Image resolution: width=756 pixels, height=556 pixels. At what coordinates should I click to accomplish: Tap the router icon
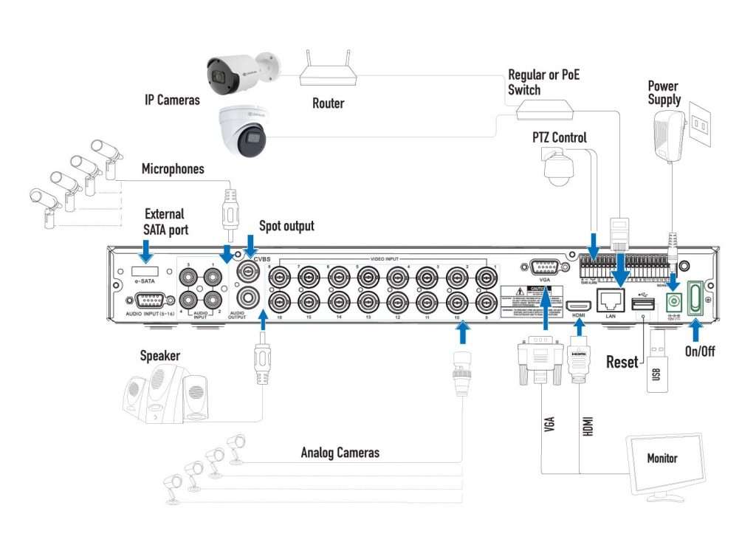coord(328,70)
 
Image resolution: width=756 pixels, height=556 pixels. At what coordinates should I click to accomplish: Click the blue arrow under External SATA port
coord(146,253)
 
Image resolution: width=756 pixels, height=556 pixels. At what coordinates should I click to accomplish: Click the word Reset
coord(622,362)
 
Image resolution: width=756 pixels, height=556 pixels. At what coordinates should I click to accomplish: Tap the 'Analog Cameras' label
coord(340,452)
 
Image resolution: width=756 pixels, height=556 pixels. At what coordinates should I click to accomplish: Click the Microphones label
coord(173,169)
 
